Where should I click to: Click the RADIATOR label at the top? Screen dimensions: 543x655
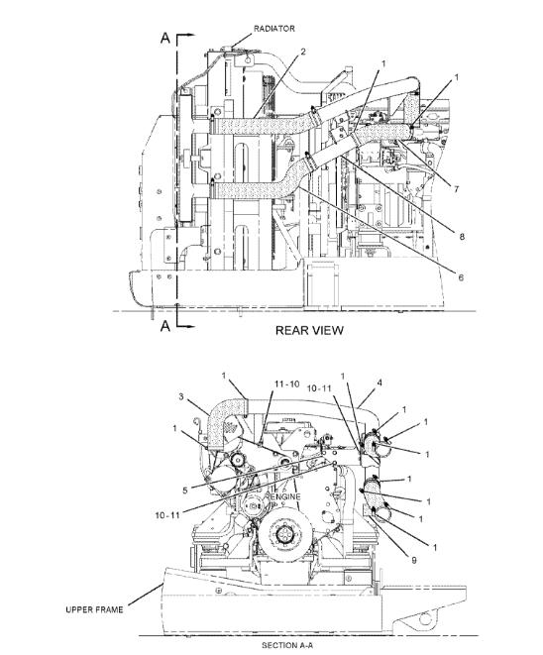coord(274,29)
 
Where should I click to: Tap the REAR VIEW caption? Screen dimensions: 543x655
coord(309,330)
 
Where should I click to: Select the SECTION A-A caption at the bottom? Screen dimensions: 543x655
coord(287,645)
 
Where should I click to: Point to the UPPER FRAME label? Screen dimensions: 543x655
coord(94,609)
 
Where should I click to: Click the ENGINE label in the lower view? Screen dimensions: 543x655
coord(285,496)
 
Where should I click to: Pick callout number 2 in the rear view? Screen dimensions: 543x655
coord(303,52)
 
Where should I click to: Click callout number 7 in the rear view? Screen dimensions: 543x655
coord(456,189)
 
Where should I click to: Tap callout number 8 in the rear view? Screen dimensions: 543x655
coord(462,237)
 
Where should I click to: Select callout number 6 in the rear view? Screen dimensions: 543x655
coord(461,277)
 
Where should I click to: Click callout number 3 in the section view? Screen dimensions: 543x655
coord(181,396)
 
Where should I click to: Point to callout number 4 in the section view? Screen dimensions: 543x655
coord(380,382)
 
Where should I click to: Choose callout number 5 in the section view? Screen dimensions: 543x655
coord(185,491)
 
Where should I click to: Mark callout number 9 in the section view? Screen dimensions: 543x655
coord(414,560)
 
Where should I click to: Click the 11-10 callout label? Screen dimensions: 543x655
coord(287,383)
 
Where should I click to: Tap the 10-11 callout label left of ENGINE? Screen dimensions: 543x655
coord(167,515)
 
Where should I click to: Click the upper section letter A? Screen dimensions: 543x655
coord(165,38)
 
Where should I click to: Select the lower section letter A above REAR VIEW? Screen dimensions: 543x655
coord(165,326)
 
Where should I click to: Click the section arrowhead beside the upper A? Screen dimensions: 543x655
coord(191,36)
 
